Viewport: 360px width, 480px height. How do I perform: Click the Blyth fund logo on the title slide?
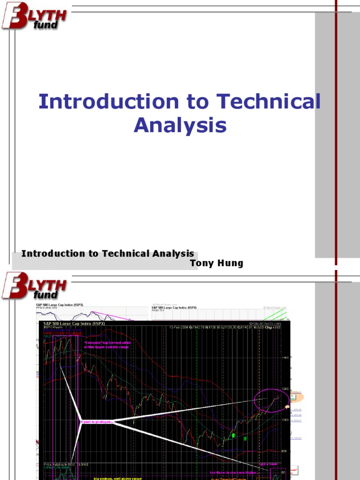click(34, 16)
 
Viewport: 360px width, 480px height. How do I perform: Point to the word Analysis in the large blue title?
click(180, 125)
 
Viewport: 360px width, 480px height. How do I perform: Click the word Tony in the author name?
click(201, 263)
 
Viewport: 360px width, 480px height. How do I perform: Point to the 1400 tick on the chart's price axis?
click(284, 358)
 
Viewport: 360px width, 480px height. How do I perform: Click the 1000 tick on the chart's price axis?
click(284, 420)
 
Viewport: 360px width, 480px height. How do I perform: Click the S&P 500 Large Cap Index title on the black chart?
click(74, 323)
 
